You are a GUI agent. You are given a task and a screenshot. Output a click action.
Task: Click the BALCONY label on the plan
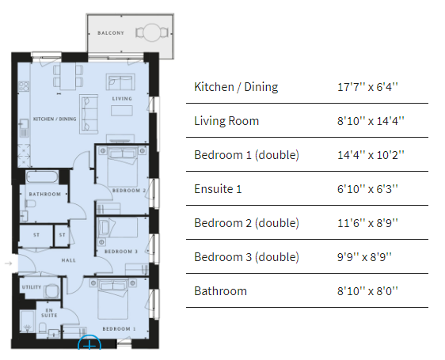pos(111,33)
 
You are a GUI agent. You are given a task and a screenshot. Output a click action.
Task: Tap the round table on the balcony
pos(152,32)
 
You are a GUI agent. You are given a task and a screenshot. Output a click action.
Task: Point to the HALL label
pos(68,260)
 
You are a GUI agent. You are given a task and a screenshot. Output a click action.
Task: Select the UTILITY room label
pos(32,287)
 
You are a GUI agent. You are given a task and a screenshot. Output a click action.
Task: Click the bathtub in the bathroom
pos(42,177)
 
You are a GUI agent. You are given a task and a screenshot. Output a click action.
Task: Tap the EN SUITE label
pos(49,313)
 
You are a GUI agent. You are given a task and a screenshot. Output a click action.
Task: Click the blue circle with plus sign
pos(89,343)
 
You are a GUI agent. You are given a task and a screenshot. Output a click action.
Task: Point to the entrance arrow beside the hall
pos(9,263)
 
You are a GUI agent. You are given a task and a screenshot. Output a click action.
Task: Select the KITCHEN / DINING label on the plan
pos(55,119)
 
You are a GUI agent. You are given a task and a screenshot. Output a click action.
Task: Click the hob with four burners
pos(24,86)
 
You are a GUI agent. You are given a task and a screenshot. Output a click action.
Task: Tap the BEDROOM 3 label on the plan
pos(121,252)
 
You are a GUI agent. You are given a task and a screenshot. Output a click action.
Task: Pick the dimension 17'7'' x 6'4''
pos(367,87)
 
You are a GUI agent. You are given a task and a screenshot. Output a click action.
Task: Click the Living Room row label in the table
pos(226,121)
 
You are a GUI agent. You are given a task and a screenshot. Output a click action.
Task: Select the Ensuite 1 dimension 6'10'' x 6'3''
pos(367,189)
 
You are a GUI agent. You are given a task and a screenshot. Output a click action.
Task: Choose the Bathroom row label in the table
pos(220,291)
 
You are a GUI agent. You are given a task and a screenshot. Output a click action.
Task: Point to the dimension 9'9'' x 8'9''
pos(364,257)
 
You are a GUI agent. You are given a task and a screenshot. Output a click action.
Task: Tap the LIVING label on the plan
pos(122,99)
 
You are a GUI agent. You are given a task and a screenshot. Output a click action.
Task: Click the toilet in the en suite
pos(43,328)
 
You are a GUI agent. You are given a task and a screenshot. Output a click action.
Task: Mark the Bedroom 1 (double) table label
pos(246,155)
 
